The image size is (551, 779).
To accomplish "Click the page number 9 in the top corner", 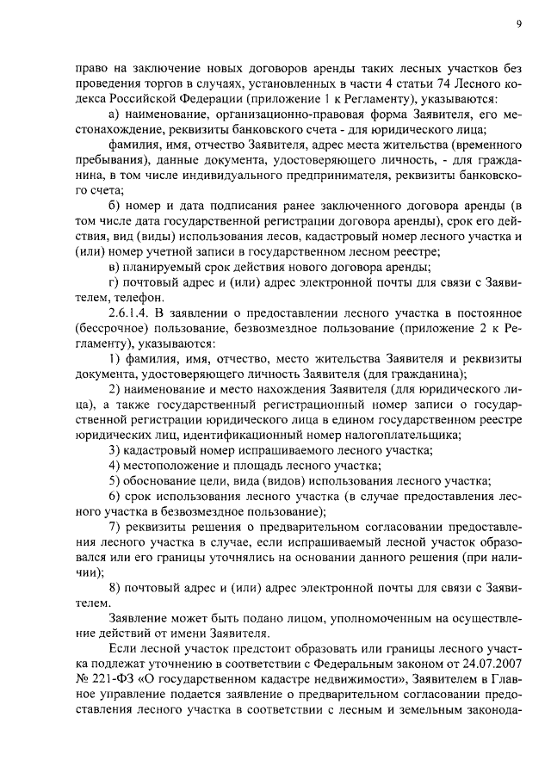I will pyautogui.click(x=519, y=25).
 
